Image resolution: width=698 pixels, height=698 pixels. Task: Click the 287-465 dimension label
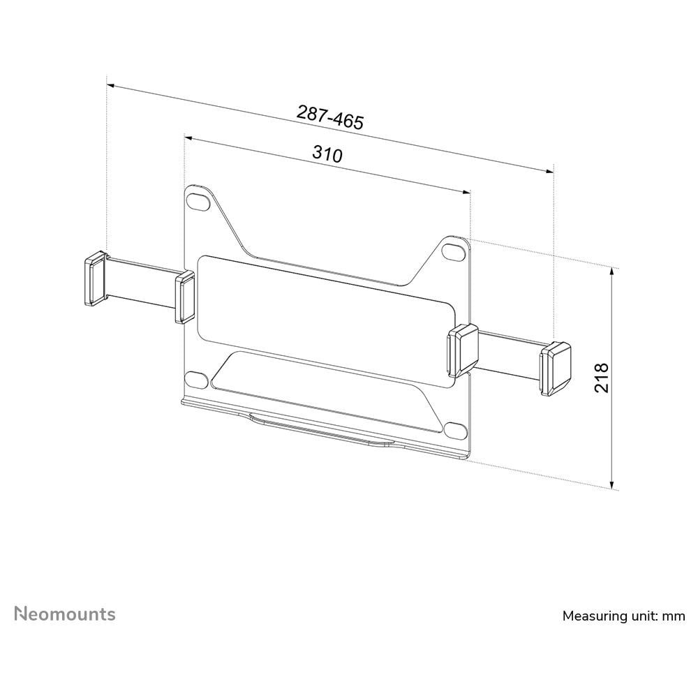tap(330, 117)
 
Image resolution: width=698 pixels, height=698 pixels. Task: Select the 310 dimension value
tap(327, 154)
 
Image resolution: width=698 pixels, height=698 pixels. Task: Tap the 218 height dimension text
tap(602, 378)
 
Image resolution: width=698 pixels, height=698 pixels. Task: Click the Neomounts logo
tap(65, 614)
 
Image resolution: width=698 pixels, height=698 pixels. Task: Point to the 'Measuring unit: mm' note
tap(623, 616)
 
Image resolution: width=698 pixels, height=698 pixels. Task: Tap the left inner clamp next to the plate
tap(185, 297)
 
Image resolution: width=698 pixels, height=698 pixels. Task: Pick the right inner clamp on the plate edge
tap(463, 350)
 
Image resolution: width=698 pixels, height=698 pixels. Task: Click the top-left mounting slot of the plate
tap(199, 200)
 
